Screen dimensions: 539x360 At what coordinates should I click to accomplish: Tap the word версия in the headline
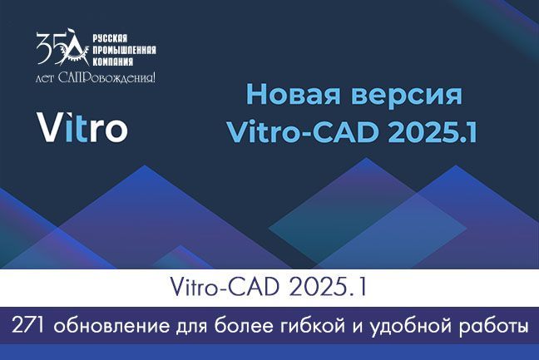pos(407,96)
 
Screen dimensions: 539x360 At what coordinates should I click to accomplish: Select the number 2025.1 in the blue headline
pos(432,132)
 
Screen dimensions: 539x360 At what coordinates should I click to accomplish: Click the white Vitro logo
pos(82,126)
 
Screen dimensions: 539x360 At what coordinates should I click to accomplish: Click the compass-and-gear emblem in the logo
pos(74,47)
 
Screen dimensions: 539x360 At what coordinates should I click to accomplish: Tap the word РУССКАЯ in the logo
pos(110,38)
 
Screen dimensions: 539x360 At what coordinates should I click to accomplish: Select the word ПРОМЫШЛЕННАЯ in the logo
pos(124,50)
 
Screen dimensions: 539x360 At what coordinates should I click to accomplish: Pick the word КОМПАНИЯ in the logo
pos(113,62)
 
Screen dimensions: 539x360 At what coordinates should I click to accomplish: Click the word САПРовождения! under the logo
pos(107,77)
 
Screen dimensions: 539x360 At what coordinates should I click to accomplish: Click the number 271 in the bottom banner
pos(27,326)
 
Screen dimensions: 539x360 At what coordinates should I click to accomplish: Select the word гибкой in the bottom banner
pos(313,327)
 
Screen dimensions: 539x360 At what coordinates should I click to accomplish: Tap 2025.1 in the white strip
pos(329,288)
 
